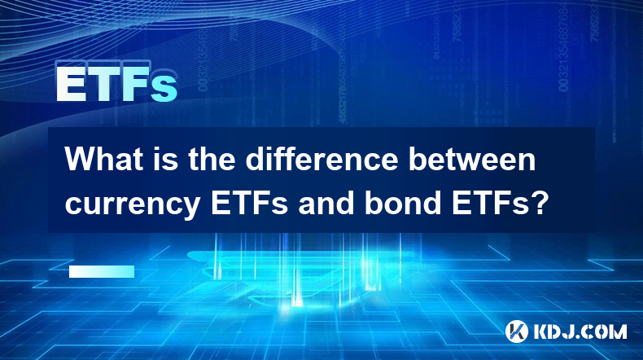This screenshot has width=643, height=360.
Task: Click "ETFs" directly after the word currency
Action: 249,202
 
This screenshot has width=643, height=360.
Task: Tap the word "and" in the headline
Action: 326,202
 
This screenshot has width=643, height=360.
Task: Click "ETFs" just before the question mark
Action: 490,202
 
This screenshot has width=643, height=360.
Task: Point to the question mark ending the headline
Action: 539,202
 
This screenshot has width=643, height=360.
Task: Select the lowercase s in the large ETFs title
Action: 164,89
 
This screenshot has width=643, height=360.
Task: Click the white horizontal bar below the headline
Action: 102,271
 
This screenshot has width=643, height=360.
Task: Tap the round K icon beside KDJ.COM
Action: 516,331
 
